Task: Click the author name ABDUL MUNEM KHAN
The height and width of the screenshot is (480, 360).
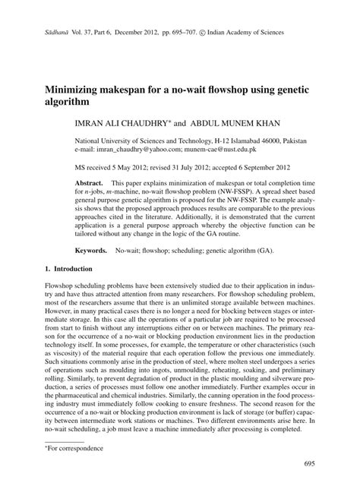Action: pos(229,121)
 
